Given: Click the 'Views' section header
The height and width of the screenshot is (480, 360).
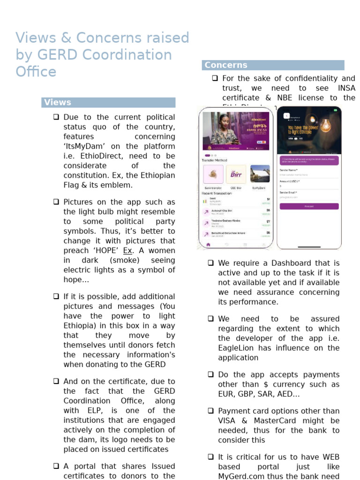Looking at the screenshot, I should tap(57, 102).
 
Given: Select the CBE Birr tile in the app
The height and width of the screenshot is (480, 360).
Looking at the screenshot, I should tap(236, 174).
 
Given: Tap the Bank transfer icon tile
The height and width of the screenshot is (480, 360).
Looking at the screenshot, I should tap(213, 174).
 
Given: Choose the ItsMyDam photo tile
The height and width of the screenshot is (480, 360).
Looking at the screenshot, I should tap(260, 174).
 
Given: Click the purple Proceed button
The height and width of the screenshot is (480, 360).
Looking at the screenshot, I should tap(309, 206).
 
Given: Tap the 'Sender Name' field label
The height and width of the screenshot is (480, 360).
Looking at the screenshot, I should tap(289, 170).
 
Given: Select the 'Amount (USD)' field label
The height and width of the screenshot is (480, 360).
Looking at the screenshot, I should tap(290, 181).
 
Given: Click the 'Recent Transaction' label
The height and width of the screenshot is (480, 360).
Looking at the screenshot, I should tap(216, 193).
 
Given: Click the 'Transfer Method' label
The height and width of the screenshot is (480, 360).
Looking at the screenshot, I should tap(214, 160).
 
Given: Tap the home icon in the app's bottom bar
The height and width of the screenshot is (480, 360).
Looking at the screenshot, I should tap(208, 245).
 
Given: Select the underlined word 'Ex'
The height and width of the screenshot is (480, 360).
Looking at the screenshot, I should tap(127, 250).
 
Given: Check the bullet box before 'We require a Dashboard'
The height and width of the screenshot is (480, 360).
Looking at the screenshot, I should tap(211, 263).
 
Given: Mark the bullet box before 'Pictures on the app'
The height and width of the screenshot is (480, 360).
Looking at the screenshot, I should tap(56, 202).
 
